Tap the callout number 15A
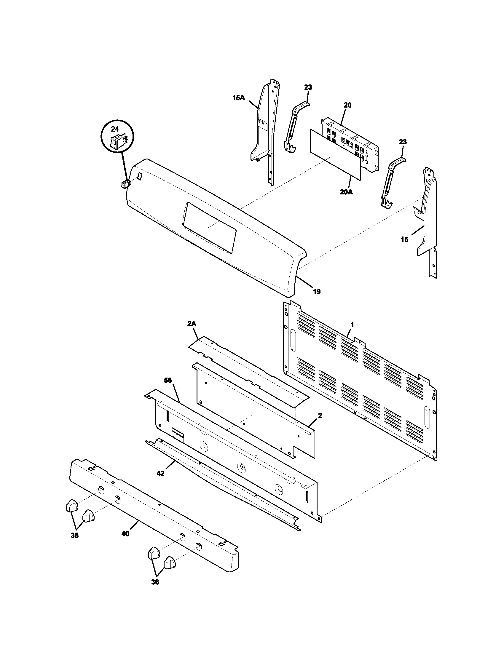(238, 97)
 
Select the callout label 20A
(346, 192)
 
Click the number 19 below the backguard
(317, 292)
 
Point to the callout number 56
(168, 380)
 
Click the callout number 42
(160, 482)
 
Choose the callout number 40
(125, 533)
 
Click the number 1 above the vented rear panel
(352, 325)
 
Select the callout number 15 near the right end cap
(404, 239)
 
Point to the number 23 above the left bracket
(308, 87)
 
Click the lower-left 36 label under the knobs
(75, 536)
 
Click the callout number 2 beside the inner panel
(320, 415)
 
